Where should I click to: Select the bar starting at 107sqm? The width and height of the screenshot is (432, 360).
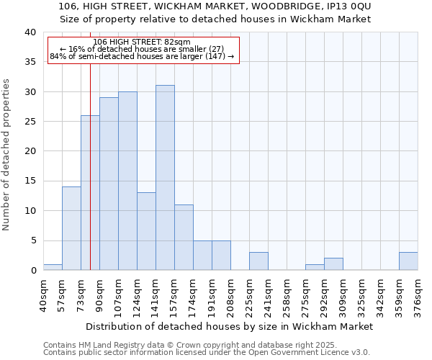point(127,181)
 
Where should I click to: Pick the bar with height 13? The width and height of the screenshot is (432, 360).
point(146,231)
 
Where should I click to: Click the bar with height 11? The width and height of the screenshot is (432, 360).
point(184,237)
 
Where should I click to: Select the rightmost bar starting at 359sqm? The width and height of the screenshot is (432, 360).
point(408,261)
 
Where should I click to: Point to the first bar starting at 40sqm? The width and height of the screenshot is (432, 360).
point(53,267)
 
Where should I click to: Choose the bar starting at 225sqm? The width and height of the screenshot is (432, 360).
point(258,261)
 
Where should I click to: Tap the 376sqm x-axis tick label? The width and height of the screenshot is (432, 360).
point(418,295)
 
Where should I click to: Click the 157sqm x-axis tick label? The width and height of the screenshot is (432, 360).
point(175,295)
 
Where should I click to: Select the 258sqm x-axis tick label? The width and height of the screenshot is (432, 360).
point(287,295)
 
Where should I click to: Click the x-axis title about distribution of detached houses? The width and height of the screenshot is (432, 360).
point(230,326)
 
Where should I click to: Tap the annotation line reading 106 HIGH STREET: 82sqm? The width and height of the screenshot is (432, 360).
point(143,42)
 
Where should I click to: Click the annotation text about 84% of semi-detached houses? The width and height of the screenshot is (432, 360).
point(143,56)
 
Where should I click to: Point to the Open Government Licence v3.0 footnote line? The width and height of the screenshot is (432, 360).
point(207,353)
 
